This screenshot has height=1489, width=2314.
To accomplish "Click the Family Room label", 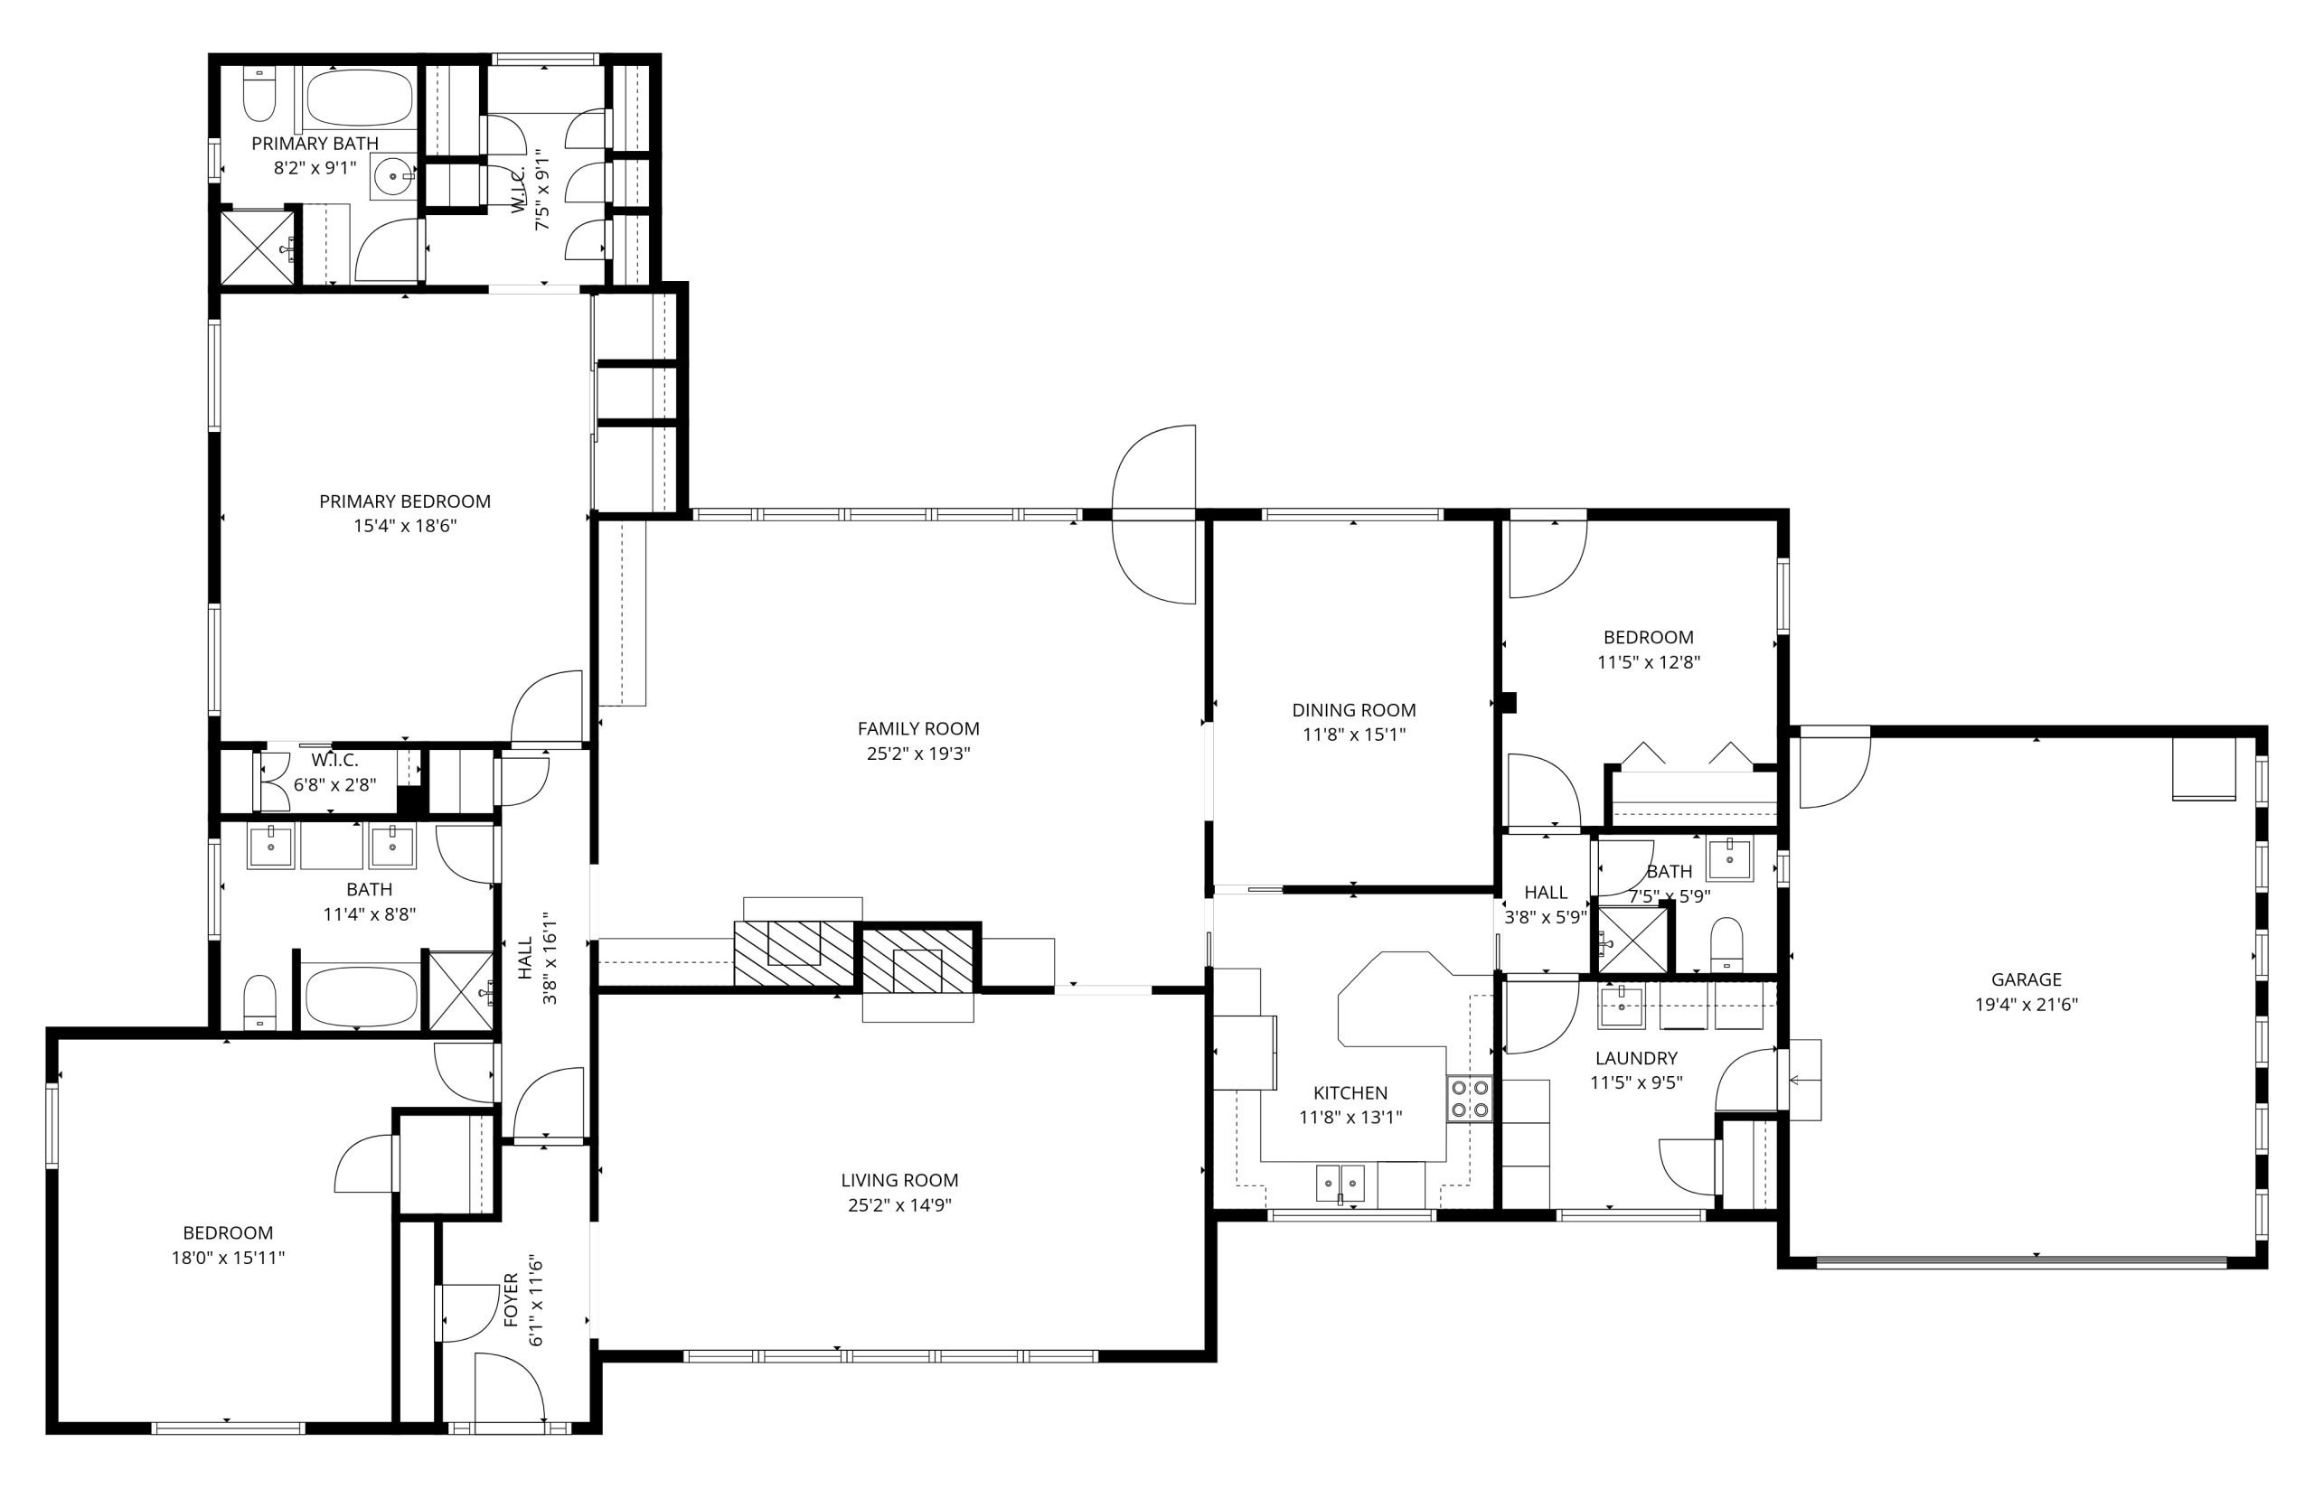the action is point(917,728).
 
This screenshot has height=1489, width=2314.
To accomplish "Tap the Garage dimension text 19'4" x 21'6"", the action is point(2026,1005).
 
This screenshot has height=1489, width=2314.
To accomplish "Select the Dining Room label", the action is point(1354,709).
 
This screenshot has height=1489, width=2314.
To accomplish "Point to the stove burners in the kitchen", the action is point(1468,1100).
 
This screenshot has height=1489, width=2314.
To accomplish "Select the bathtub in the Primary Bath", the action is point(360,98).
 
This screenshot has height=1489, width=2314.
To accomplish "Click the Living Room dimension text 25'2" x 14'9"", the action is point(899,1204).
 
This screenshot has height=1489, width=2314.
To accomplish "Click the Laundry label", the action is point(1636,1058).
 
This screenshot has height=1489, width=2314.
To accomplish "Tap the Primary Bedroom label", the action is point(405,501).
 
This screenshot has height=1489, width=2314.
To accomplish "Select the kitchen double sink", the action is point(1340,1183).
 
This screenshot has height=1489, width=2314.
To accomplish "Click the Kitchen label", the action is point(1350,1092).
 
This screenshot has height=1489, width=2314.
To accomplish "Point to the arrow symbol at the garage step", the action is point(1801,1080).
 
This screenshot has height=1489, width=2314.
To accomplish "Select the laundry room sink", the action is point(1620,1007).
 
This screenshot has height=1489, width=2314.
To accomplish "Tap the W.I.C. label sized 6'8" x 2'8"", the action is point(334,760).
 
